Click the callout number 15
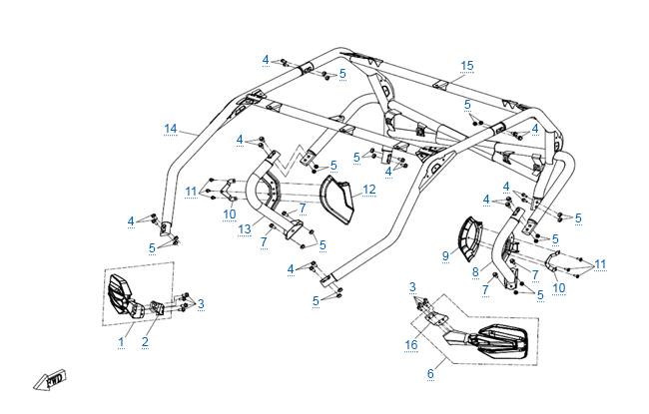(466, 66)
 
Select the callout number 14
(171, 128)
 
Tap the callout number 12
(369, 189)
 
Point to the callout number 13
(245, 229)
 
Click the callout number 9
(445, 255)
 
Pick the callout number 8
(475, 271)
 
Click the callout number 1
(121, 341)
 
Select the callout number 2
(145, 341)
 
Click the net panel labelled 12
(343, 201)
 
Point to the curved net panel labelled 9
(470, 236)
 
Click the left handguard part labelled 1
(121, 296)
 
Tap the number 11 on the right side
(599, 264)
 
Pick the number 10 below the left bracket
(229, 213)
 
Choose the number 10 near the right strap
(558, 287)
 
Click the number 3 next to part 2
(201, 303)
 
